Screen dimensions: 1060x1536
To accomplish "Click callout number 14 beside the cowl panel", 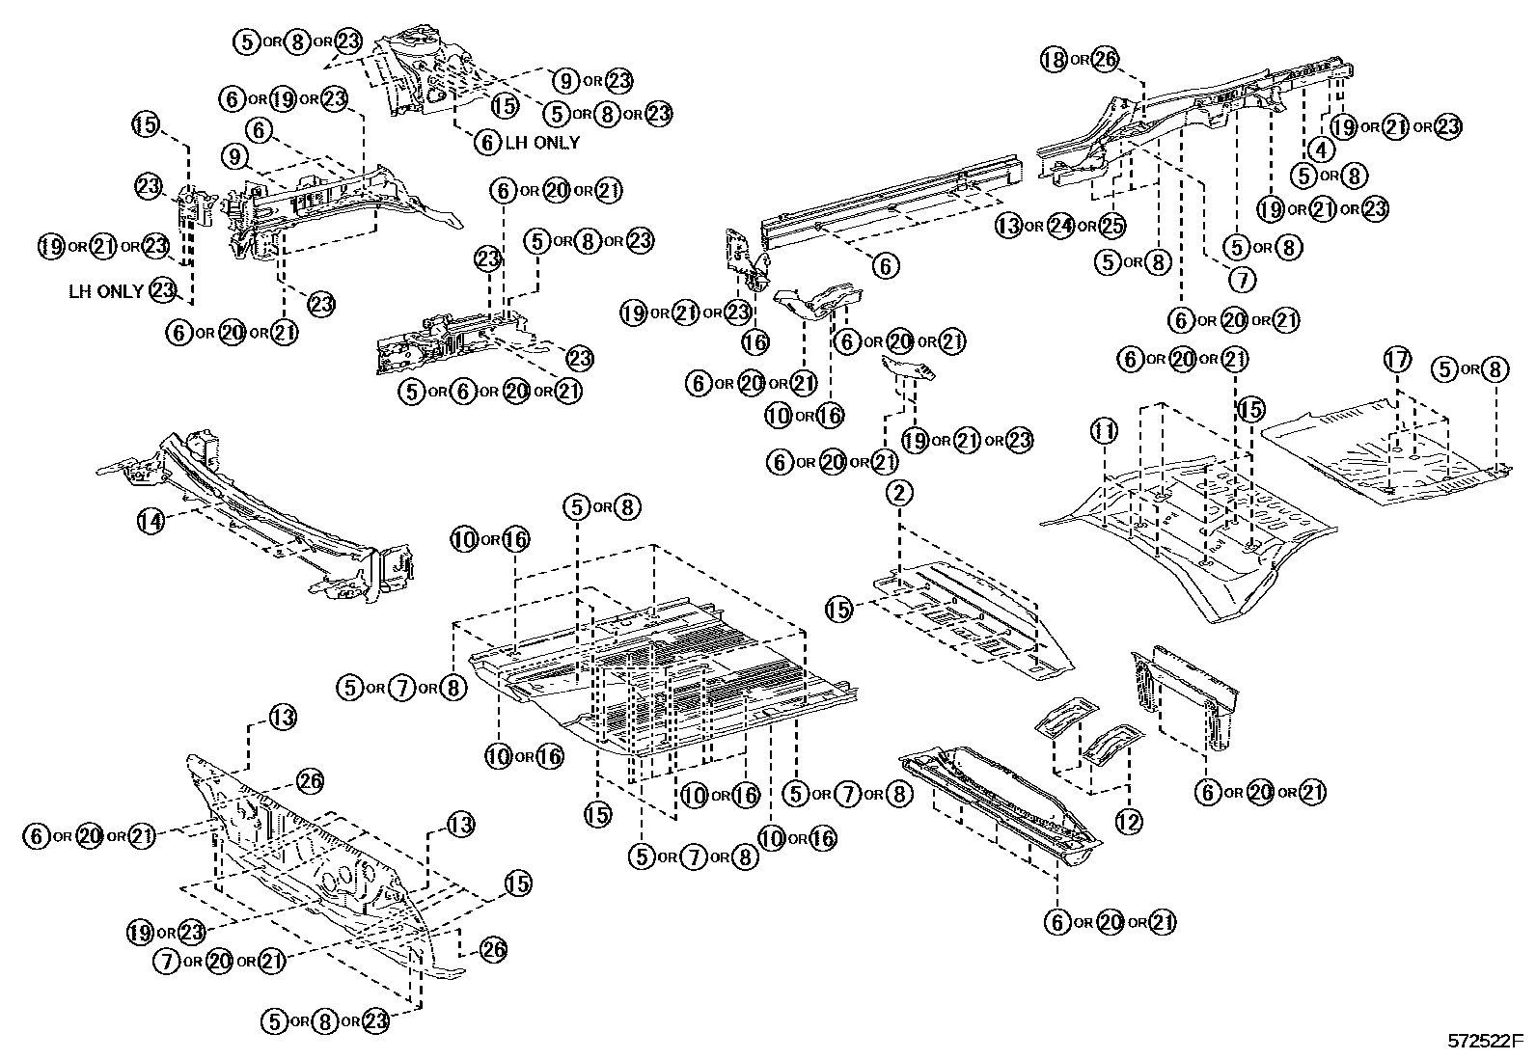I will click(x=150, y=522).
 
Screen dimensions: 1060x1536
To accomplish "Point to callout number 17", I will click(x=1396, y=361).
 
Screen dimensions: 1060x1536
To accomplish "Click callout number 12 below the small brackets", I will click(x=1128, y=821).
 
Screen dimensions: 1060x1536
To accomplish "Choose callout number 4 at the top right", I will click(x=1320, y=150).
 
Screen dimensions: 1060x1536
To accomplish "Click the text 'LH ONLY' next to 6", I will click(x=542, y=143).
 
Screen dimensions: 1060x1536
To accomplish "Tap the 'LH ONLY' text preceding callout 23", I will click(x=106, y=290).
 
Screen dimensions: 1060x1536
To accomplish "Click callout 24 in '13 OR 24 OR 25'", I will click(x=1060, y=226).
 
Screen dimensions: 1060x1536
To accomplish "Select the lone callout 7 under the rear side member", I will click(x=1242, y=280).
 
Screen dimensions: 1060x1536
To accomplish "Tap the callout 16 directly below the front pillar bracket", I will click(x=755, y=340).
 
